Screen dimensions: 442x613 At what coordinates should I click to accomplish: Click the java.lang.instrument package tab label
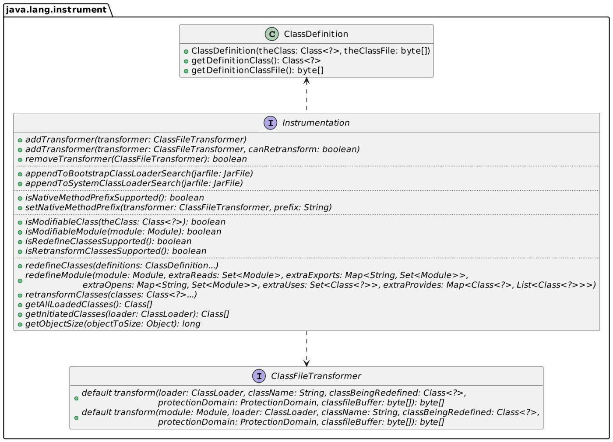coord(56,9)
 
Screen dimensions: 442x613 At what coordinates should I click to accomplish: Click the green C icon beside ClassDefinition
coord(271,34)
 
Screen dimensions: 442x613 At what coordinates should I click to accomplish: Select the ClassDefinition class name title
coord(316,34)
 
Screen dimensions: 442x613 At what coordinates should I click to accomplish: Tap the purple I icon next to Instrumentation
coord(270,123)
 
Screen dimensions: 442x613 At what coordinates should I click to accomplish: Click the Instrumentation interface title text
coord(316,123)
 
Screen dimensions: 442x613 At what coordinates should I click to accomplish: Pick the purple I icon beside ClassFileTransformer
coord(259,376)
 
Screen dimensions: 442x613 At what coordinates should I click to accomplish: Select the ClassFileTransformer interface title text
coord(316,376)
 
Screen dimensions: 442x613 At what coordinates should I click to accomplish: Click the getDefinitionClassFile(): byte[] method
coord(257,70)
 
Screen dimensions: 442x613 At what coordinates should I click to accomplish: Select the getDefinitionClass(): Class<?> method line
coord(256,60)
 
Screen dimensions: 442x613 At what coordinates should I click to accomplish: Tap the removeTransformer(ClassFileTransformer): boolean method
coord(136,159)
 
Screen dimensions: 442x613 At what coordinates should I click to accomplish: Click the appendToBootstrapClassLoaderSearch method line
coord(139,173)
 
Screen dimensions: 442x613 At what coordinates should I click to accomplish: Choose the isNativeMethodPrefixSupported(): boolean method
coord(114,198)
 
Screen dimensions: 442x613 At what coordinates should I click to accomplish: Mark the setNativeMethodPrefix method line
coord(178,207)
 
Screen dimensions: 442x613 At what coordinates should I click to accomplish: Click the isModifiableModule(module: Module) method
coord(123,232)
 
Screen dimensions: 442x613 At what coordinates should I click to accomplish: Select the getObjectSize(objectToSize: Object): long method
coord(113,324)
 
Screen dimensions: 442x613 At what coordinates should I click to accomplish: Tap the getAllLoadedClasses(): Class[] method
coord(88,304)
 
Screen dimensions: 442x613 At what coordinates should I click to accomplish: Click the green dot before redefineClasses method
coord(20,266)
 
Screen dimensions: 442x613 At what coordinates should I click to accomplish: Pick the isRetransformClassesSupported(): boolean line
coord(116,251)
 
